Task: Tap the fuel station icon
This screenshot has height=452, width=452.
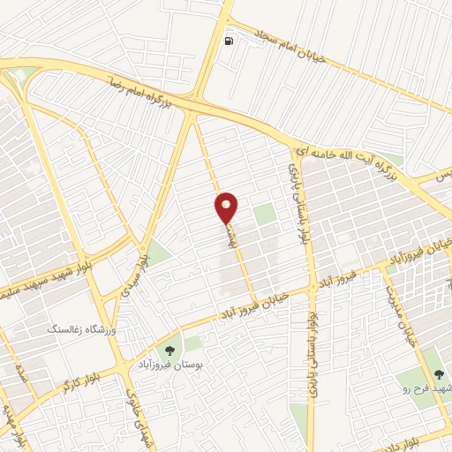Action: (x=230, y=41)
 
